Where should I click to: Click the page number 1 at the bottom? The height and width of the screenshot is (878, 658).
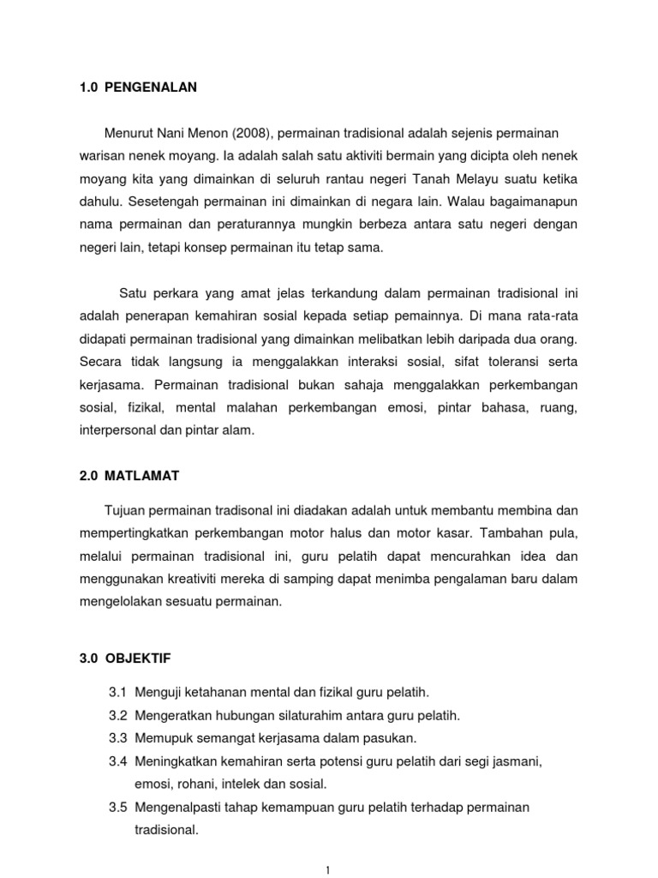pyautogui.click(x=329, y=869)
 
